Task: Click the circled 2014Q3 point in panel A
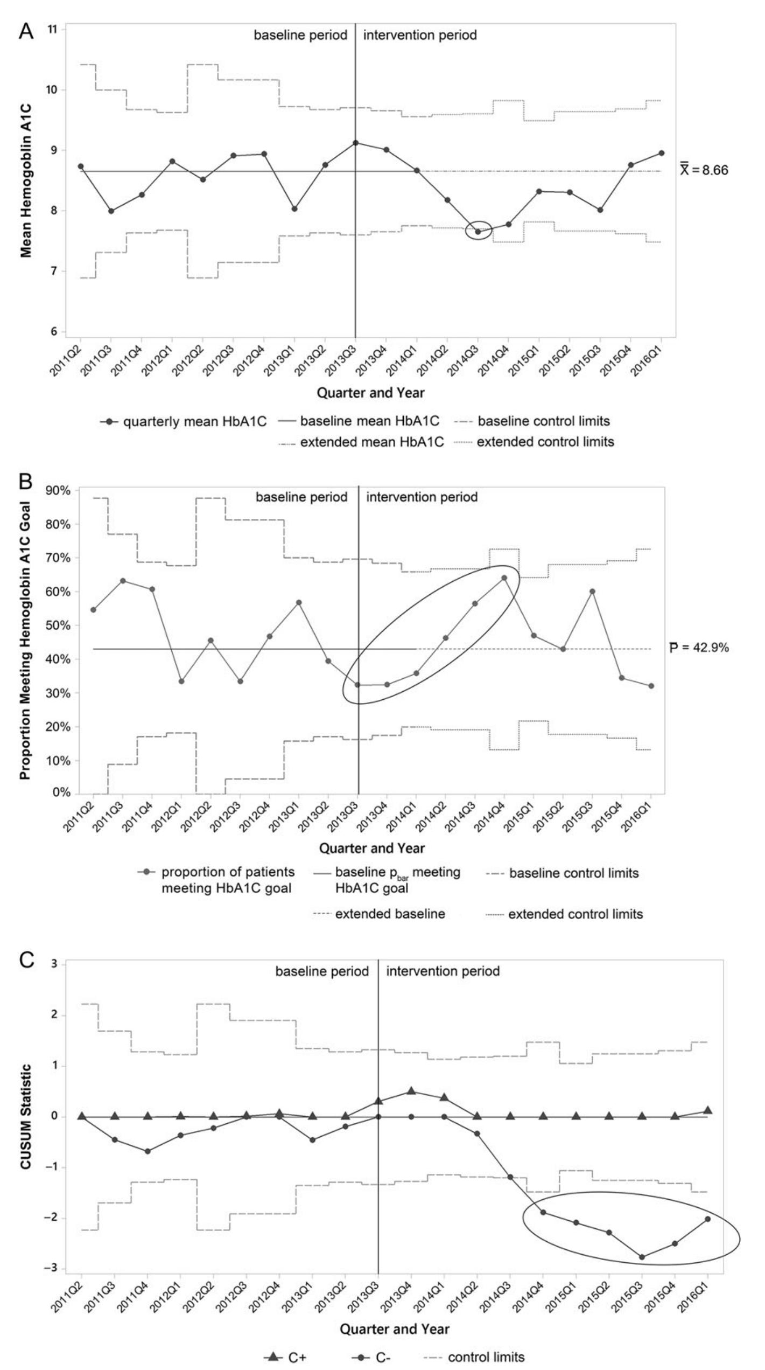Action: click(478, 232)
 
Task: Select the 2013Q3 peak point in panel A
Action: click(355, 143)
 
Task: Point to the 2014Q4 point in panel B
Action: click(504, 578)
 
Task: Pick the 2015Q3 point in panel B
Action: click(592, 591)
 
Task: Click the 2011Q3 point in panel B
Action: click(123, 581)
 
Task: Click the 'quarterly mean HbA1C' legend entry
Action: click(183, 421)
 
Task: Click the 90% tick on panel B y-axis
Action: click(60, 490)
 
